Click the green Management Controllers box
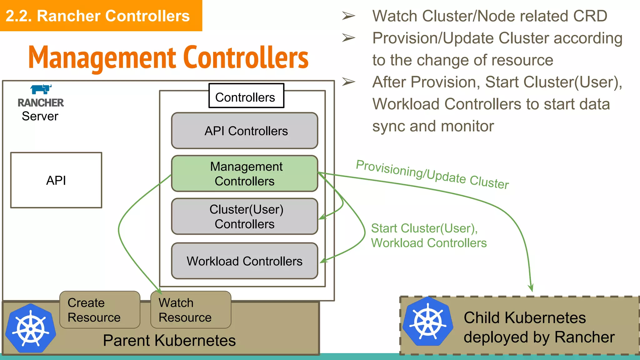coord(245,173)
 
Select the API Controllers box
coord(245,131)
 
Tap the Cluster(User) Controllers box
coord(245,216)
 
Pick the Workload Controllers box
coord(245,261)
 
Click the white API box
coord(56,180)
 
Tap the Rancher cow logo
coord(41,89)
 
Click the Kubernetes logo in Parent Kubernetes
coord(31,328)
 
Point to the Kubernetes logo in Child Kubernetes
coord(427,322)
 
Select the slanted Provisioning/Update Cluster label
coord(432,174)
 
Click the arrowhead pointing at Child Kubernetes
coord(531,288)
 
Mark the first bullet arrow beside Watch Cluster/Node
coord(348,16)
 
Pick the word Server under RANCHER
coord(40,116)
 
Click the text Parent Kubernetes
coord(169,340)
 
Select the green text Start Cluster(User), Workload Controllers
coord(428,236)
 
